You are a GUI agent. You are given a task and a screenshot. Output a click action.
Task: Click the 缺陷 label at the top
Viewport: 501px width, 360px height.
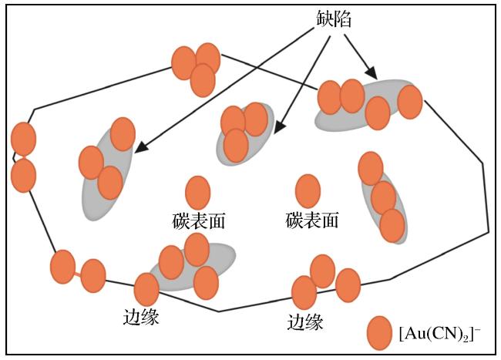334,19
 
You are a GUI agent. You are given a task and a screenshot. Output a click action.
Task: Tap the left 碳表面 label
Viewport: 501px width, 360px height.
198,220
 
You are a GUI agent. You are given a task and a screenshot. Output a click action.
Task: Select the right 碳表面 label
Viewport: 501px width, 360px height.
311,220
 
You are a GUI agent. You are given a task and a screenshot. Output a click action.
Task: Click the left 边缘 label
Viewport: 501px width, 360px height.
141,317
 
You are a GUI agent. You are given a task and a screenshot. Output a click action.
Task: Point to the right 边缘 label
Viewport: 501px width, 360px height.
304,321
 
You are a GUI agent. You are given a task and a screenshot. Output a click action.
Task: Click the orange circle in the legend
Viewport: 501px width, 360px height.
379,333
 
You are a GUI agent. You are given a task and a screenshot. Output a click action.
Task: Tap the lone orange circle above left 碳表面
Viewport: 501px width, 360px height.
198,193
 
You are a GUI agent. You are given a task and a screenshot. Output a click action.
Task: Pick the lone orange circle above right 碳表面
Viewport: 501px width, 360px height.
308,191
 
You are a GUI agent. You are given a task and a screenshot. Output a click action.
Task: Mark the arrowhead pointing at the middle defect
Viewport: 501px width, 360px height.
279,126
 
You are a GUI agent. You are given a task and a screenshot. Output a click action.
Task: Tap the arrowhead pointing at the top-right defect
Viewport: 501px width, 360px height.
372,72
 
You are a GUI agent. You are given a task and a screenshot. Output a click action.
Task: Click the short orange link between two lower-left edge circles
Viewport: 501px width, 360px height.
78,273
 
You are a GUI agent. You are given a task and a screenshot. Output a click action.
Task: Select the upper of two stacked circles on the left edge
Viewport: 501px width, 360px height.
23,139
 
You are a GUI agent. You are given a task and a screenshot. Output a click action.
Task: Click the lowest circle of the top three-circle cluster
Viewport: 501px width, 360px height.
203,80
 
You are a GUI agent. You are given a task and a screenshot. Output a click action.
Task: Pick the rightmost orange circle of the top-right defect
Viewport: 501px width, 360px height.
410,102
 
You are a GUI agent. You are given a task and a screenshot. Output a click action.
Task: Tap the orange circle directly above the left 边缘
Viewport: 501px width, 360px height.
146,289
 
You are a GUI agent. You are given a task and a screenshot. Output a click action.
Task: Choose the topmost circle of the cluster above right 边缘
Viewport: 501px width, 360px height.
323,271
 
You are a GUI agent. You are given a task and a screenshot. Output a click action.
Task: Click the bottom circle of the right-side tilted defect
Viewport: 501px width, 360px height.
392,226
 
